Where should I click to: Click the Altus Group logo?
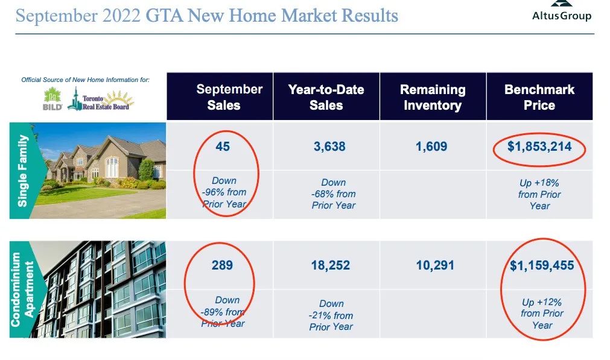(x=562, y=11)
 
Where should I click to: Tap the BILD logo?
(x=52, y=99)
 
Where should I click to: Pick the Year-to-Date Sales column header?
(x=326, y=97)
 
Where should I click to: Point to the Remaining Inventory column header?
(x=433, y=97)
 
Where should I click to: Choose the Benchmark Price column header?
(x=539, y=97)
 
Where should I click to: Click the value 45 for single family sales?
(x=223, y=147)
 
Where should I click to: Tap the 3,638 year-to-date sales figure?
(x=329, y=147)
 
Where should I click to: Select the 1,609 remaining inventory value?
(x=431, y=147)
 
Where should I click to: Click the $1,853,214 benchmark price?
(x=539, y=147)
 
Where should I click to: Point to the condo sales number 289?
(x=222, y=265)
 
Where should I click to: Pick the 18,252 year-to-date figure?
(x=330, y=265)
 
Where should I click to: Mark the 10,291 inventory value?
(x=435, y=265)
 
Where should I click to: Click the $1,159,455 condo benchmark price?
(x=542, y=265)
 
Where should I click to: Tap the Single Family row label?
(x=22, y=171)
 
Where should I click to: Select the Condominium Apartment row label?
(x=22, y=289)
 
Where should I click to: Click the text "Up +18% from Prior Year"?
(x=539, y=194)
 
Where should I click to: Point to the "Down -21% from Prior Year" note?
(x=331, y=315)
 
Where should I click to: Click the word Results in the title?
(x=370, y=16)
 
